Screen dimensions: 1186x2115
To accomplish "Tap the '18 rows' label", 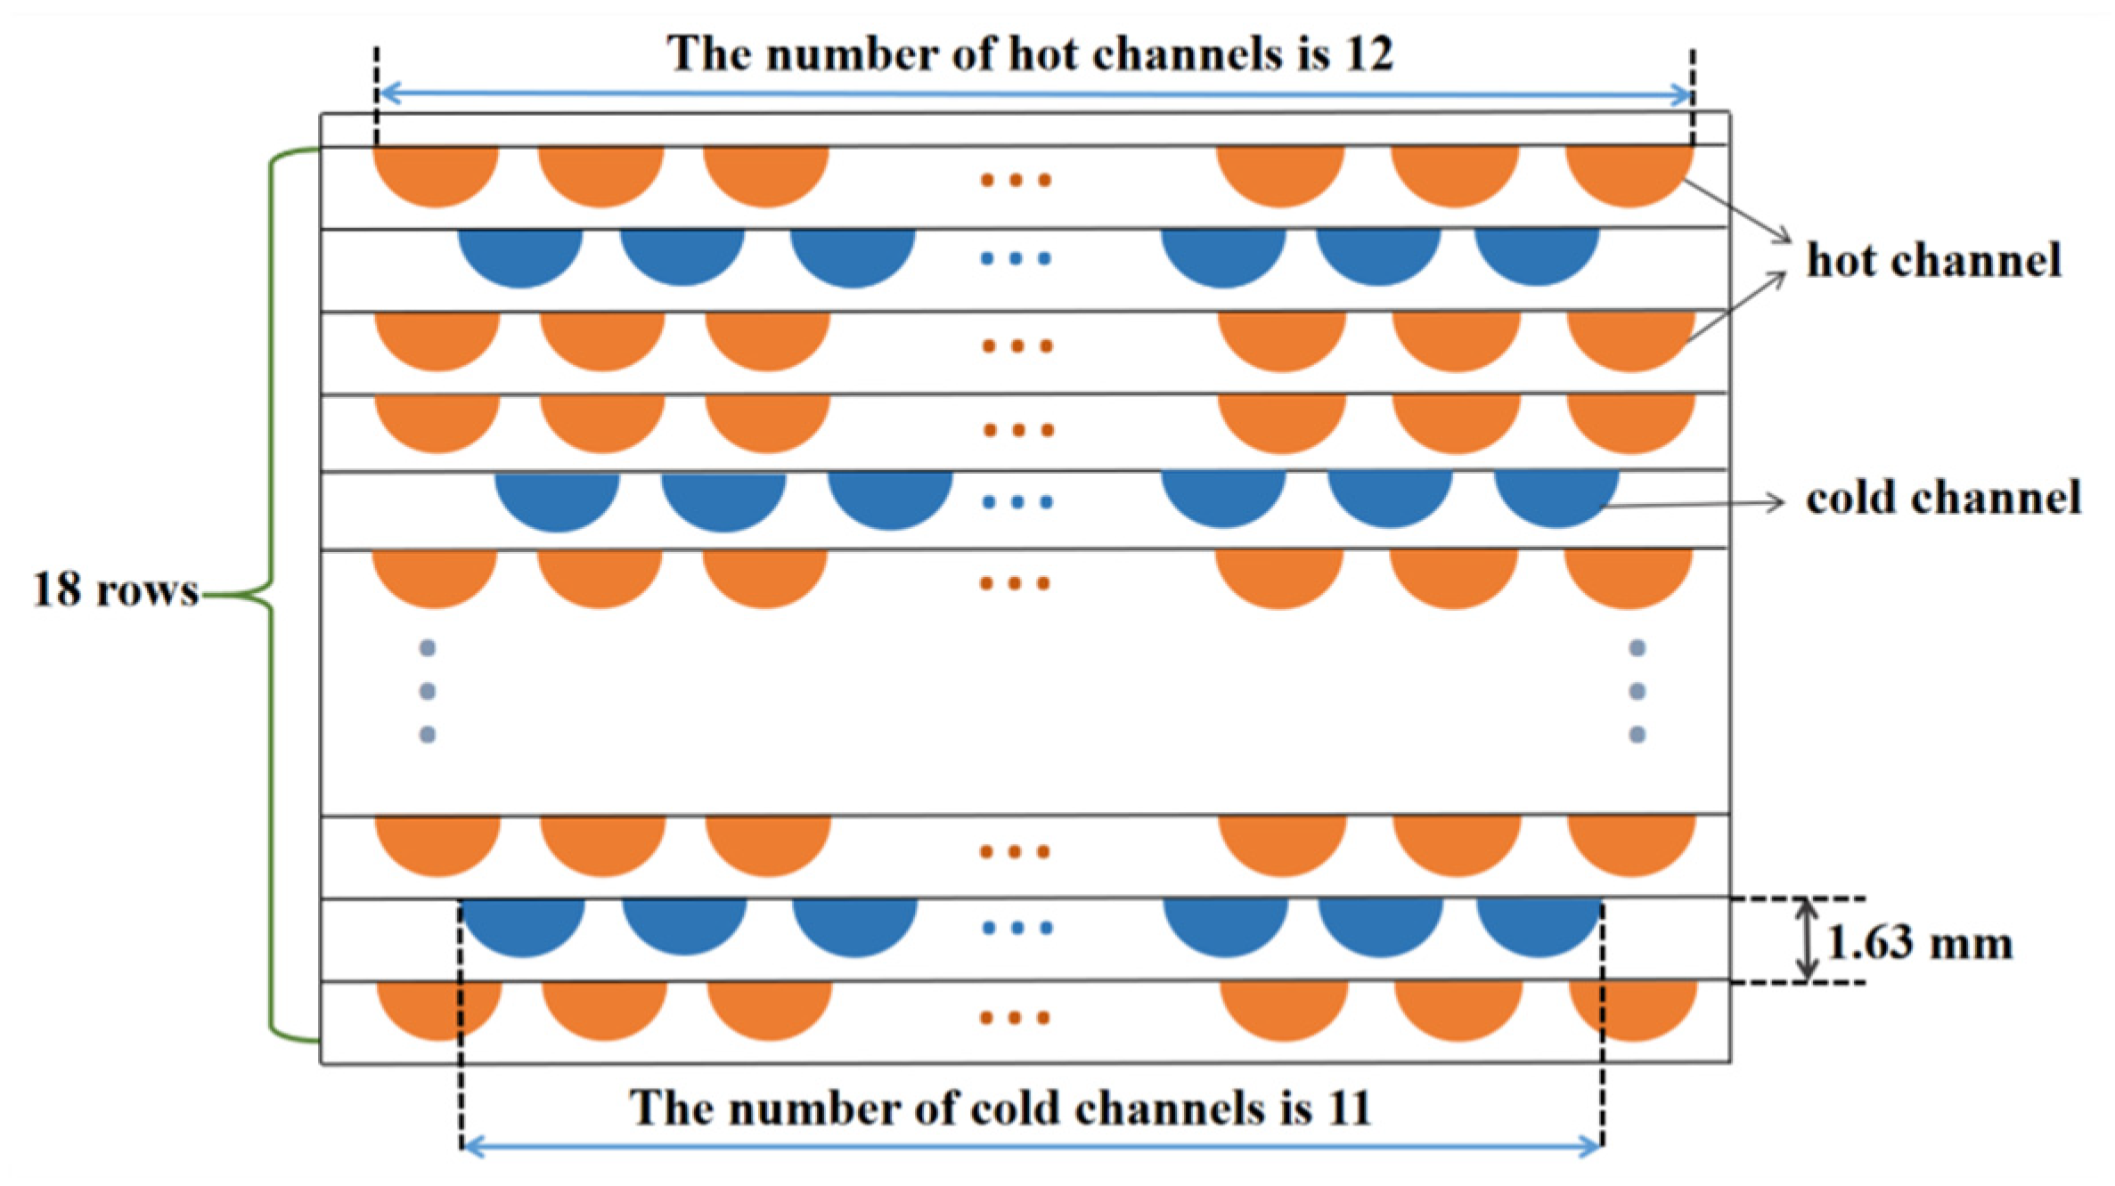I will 115,589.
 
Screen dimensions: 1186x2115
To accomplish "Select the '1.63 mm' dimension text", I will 1919,943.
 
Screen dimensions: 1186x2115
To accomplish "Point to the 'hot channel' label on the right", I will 1933,260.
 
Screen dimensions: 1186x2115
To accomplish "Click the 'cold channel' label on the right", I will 1943,498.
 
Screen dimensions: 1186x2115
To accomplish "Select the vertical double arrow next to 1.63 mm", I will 1806,939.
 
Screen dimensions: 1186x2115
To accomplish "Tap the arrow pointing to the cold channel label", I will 1693,504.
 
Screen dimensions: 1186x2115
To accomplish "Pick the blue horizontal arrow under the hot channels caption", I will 1033,93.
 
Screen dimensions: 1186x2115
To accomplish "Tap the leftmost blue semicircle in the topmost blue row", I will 520,256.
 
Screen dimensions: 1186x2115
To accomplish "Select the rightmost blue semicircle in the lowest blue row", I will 1539,925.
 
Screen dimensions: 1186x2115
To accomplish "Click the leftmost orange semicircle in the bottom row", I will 438,1008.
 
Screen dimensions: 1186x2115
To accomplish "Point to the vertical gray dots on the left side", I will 428,691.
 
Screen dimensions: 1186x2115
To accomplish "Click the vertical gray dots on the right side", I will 1637,691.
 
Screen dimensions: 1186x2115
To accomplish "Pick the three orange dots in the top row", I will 1016,180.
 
